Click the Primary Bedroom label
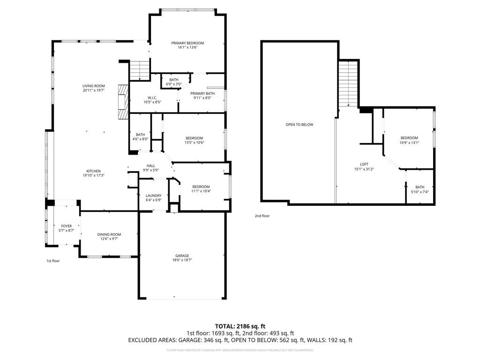click(x=187, y=43)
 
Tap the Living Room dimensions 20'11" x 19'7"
click(x=93, y=90)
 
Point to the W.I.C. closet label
click(x=152, y=97)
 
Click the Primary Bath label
click(x=202, y=93)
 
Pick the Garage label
click(x=182, y=255)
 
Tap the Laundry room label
click(x=153, y=195)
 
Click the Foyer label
click(x=66, y=226)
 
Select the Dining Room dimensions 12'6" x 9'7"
click(x=109, y=239)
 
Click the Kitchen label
click(x=93, y=171)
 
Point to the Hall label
click(x=150, y=165)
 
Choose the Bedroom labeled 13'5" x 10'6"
click(x=194, y=138)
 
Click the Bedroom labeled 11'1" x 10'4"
click(x=201, y=187)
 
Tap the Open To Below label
click(x=299, y=125)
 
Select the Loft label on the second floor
click(x=364, y=164)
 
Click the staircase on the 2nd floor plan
click(x=348, y=84)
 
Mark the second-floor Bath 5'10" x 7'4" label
click(x=419, y=187)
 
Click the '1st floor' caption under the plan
click(x=52, y=261)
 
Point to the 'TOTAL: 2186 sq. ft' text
click(x=240, y=326)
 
